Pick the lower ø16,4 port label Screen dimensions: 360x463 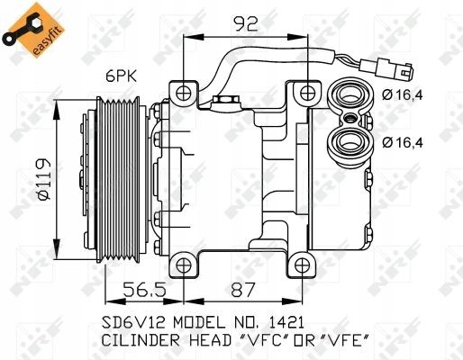click(401, 141)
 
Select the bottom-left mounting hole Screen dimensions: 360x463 click(186, 264)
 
